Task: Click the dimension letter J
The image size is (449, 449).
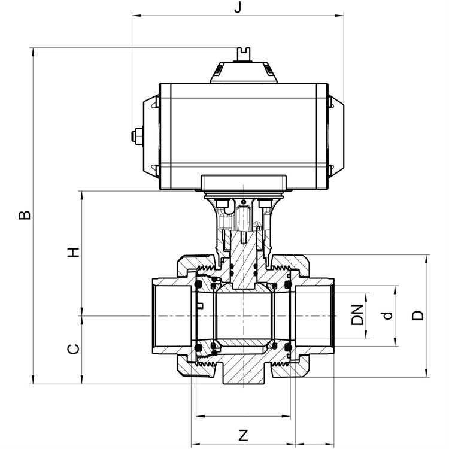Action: (x=238, y=7)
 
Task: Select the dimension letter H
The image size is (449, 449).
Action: (x=73, y=252)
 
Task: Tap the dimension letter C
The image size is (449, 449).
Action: (x=73, y=348)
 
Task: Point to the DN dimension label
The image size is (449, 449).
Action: (x=357, y=315)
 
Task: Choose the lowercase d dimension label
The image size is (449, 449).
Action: (x=387, y=315)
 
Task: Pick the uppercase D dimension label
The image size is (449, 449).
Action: (x=417, y=315)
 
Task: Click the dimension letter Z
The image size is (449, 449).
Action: (x=243, y=436)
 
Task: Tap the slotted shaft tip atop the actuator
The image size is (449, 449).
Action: (x=244, y=54)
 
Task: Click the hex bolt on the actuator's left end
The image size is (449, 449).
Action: (x=137, y=135)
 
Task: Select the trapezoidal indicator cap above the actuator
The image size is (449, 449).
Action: (x=244, y=72)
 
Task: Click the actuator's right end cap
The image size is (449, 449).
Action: (x=336, y=136)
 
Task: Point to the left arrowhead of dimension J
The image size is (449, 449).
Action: (x=135, y=14)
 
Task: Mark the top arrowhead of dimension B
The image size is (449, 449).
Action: (x=33, y=52)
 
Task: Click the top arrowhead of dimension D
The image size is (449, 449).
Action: (x=426, y=259)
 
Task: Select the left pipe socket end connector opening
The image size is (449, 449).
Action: (x=172, y=316)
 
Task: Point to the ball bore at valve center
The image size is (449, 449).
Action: (x=244, y=316)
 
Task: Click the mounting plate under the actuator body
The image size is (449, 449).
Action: (x=244, y=183)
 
